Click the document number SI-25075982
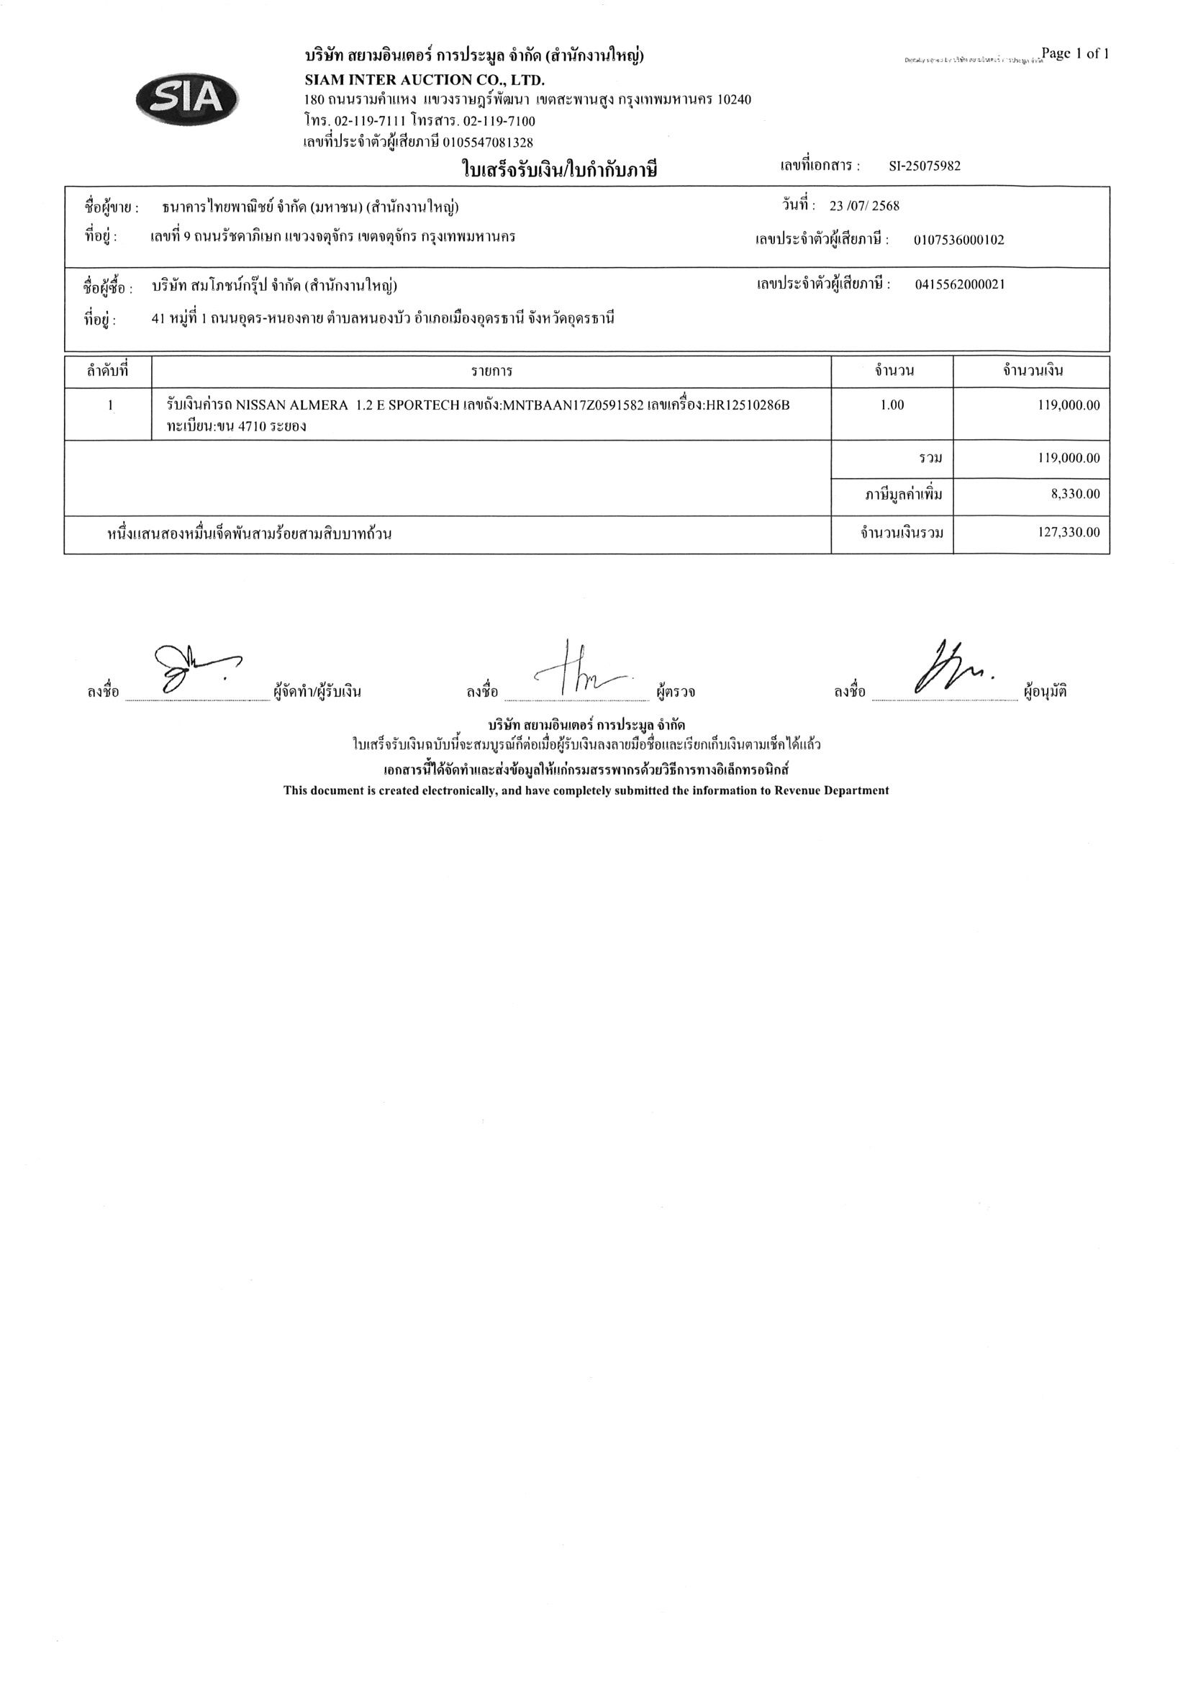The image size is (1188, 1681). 925,166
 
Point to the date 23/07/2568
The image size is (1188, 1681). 863,206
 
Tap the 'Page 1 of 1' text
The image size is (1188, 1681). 1074,53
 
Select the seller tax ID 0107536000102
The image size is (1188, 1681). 959,240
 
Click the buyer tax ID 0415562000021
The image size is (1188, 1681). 960,285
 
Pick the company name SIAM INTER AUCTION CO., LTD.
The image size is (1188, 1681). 425,80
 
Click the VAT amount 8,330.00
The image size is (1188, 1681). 1075,494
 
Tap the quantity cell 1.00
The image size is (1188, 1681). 892,405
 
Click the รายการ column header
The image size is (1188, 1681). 491,371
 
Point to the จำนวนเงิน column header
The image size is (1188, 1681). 1032,371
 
